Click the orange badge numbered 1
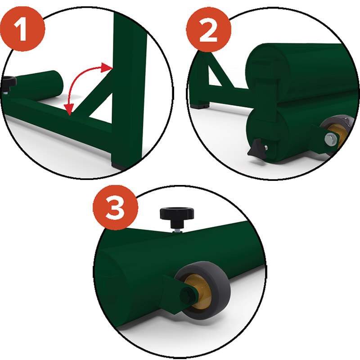[22, 29]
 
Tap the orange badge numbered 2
[208, 29]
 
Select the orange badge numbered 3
[115, 207]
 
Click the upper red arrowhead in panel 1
[107, 67]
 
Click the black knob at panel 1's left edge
[9, 83]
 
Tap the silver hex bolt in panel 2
[331, 139]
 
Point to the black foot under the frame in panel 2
[200, 106]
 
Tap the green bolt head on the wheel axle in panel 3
[186, 296]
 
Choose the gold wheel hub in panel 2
[337, 135]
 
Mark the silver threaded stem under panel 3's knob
[177, 229]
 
